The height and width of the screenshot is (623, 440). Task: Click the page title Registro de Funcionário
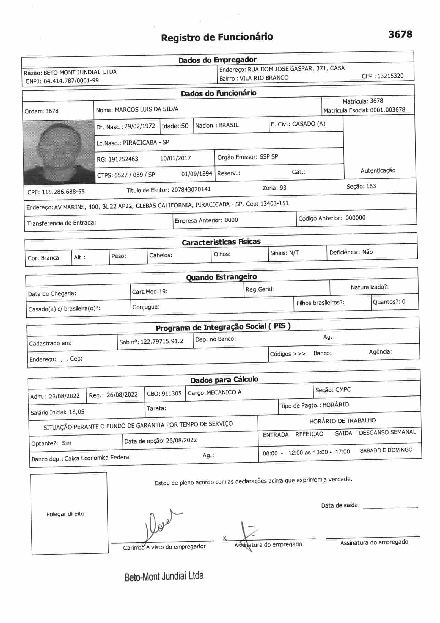(x=217, y=37)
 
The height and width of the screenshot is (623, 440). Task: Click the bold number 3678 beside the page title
(x=400, y=34)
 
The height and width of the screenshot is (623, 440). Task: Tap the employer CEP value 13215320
(x=390, y=76)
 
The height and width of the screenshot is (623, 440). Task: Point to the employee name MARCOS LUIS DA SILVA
(x=146, y=109)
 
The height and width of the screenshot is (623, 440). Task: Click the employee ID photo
(x=59, y=152)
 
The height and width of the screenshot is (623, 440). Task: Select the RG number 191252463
(x=123, y=159)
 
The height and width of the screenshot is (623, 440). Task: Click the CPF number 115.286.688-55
(x=63, y=192)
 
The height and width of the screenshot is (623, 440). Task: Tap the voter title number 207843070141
(x=191, y=190)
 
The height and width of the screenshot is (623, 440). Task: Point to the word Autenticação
(x=378, y=171)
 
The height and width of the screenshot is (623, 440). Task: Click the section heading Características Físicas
(x=221, y=242)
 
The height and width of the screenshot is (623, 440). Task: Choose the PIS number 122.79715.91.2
(x=162, y=341)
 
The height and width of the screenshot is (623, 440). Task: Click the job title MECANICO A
(x=224, y=392)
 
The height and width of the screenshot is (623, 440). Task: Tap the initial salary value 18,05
(x=77, y=412)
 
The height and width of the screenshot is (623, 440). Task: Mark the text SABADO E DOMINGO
(x=386, y=450)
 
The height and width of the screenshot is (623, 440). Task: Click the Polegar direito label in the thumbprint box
(x=65, y=514)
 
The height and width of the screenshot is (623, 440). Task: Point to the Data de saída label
(x=340, y=505)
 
